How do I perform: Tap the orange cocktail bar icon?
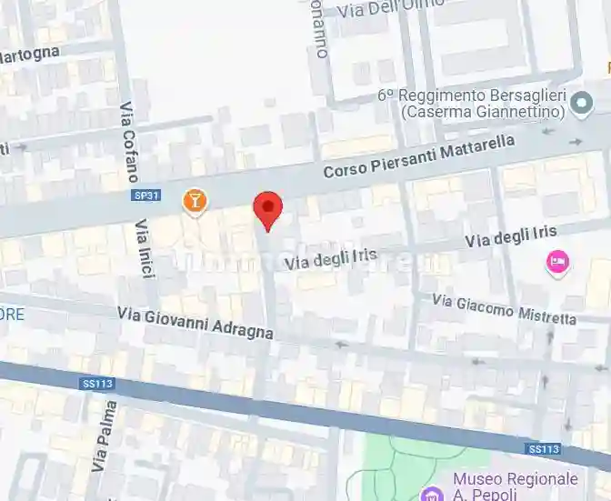194,201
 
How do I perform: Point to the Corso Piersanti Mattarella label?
419,156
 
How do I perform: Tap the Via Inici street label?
144,248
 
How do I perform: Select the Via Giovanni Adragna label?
195,322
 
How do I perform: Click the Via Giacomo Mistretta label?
504,309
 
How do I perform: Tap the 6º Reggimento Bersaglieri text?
472,95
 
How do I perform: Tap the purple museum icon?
431,493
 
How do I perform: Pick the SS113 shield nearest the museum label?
543,449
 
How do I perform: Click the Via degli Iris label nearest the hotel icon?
510,238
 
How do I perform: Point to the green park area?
400,459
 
